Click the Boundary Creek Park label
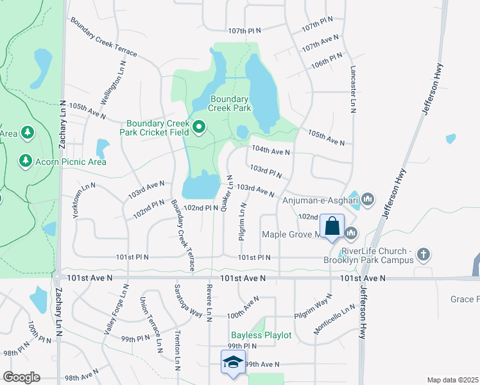point(229,104)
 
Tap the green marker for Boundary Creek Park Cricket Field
point(199,128)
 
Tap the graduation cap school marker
point(233,362)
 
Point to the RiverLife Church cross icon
point(423,255)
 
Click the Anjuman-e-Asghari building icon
point(368,200)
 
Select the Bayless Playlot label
point(261,335)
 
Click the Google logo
point(21,377)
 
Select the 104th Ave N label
point(271,151)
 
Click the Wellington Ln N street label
point(114,81)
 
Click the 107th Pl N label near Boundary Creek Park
point(245,30)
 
